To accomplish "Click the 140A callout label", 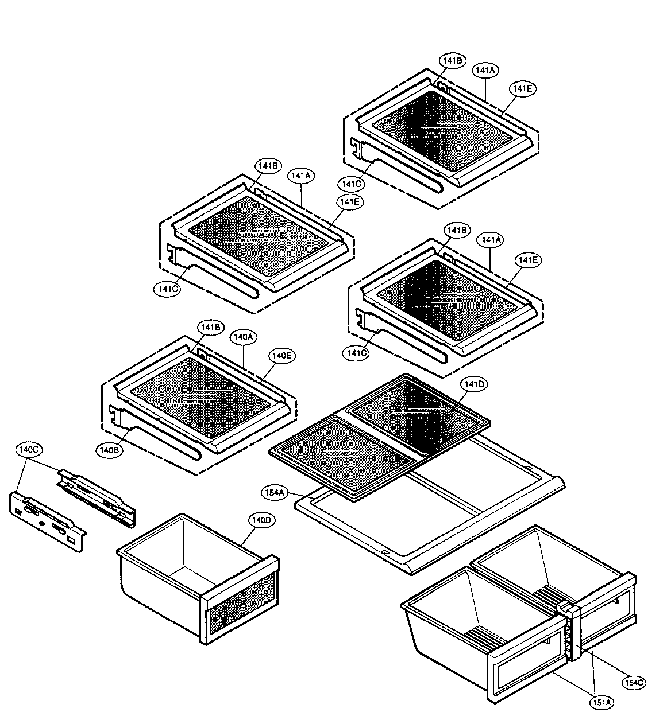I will [x=242, y=338].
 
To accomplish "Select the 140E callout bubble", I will [x=281, y=356].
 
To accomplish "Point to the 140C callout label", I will [x=28, y=450].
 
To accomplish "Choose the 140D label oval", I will [x=260, y=520].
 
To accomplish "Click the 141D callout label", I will [x=474, y=384].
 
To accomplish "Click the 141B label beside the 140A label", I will [x=210, y=327].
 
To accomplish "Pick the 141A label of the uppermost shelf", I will [x=485, y=70].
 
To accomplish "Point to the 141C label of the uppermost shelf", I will [x=350, y=184].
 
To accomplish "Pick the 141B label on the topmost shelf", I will [x=453, y=60].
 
